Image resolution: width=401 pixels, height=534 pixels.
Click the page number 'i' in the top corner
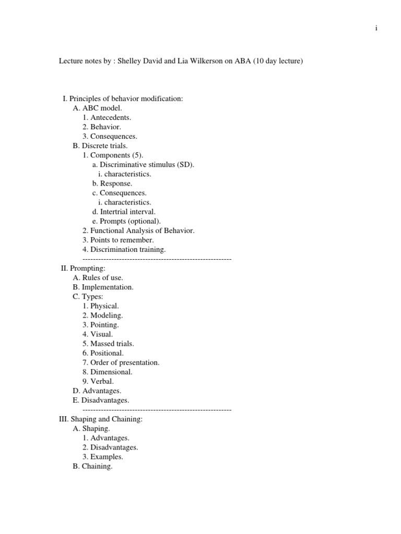click(376, 28)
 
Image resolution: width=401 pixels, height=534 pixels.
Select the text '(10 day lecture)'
click(278, 62)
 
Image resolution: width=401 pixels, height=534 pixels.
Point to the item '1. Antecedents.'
click(107, 118)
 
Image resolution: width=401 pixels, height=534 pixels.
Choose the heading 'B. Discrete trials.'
click(100, 146)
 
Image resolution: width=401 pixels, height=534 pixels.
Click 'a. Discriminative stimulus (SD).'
click(143, 165)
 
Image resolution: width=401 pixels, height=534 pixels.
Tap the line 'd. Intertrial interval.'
click(124, 212)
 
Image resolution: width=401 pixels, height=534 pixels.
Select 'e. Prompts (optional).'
click(123, 221)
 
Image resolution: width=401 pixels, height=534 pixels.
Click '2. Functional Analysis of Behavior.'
click(138, 230)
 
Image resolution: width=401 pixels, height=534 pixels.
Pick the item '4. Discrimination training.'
click(124, 249)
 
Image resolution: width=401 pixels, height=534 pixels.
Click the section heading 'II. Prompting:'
click(83, 268)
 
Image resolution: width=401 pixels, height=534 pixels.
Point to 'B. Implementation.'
click(103, 287)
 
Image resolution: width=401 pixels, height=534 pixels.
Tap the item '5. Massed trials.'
click(108, 344)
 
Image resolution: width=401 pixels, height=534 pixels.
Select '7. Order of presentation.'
click(121, 362)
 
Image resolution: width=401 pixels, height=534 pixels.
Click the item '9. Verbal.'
click(98, 381)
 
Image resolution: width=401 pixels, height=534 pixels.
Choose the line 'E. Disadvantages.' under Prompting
click(101, 400)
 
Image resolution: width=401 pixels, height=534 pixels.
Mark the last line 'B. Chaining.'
click(92, 466)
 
